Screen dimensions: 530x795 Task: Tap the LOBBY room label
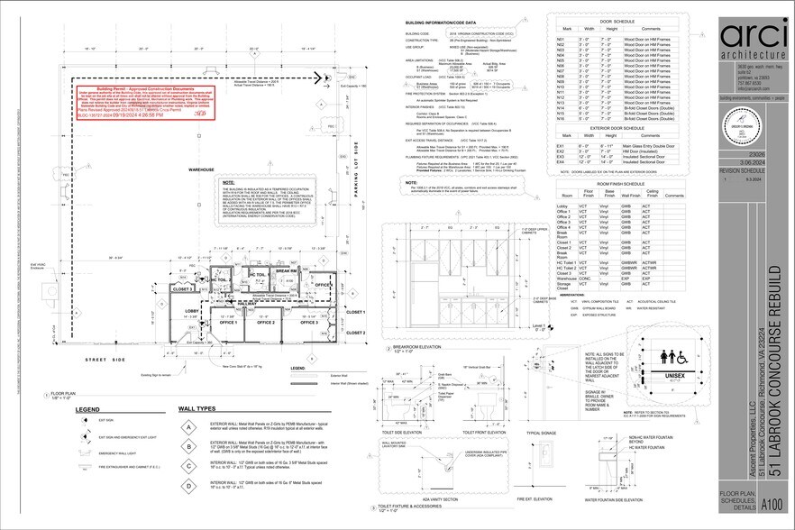pyautogui.click(x=192, y=311)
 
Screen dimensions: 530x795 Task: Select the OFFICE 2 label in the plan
pyautogui.click(x=265, y=322)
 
